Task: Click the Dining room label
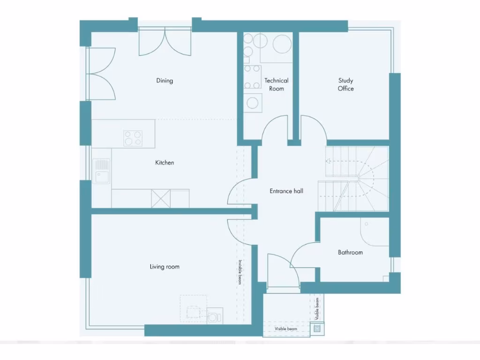(165, 81)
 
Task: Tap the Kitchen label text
(165, 163)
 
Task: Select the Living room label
(165, 267)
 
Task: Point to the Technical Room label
(277, 84)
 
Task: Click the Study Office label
(346, 84)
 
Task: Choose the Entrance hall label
(286, 191)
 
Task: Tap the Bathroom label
(351, 252)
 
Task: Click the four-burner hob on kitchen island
(133, 138)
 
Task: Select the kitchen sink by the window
(101, 171)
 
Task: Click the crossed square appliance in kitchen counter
(161, 198)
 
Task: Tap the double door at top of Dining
(165, 41)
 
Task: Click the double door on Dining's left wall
(101, 74)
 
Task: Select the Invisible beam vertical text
(240, 272)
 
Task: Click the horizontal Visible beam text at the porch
(286, 329)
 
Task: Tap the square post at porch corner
(317, 329)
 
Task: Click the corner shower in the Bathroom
(375, 231)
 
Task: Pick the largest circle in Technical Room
(282, 44)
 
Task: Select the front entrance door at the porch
(283, 271)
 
